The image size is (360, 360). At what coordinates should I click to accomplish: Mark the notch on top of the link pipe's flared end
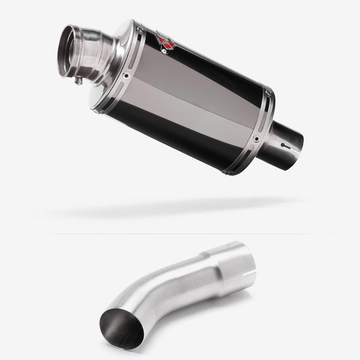(234, 244)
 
